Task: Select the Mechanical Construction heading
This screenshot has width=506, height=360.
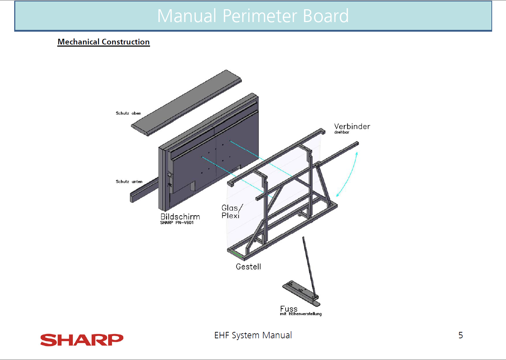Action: pos(103,42)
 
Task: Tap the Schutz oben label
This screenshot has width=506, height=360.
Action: pos(128,113)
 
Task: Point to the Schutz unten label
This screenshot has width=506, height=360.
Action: pos(129,181)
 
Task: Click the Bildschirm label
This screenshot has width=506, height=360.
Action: pos(180,217)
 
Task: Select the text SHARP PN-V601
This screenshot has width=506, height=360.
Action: pos(177,223)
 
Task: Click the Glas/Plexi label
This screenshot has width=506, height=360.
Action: pos(232,211)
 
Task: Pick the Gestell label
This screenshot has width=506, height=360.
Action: pos(248,267)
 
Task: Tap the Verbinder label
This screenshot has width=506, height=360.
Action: pos(352,126)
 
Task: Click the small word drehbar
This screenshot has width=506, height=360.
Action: pos(342,132)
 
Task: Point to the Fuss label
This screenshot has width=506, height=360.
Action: pos(289,309)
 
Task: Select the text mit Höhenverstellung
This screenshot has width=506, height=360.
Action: pos(301,314)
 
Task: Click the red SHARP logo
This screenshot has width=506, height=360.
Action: pos(82,340)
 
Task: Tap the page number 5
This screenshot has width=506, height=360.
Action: pos(460,335)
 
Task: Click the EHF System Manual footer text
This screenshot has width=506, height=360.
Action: pos(253,335)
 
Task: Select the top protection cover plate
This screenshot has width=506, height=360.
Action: pos(186,103)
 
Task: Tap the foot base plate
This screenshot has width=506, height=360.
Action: pos(301,293)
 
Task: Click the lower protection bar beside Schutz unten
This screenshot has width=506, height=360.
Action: pos(144,190)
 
